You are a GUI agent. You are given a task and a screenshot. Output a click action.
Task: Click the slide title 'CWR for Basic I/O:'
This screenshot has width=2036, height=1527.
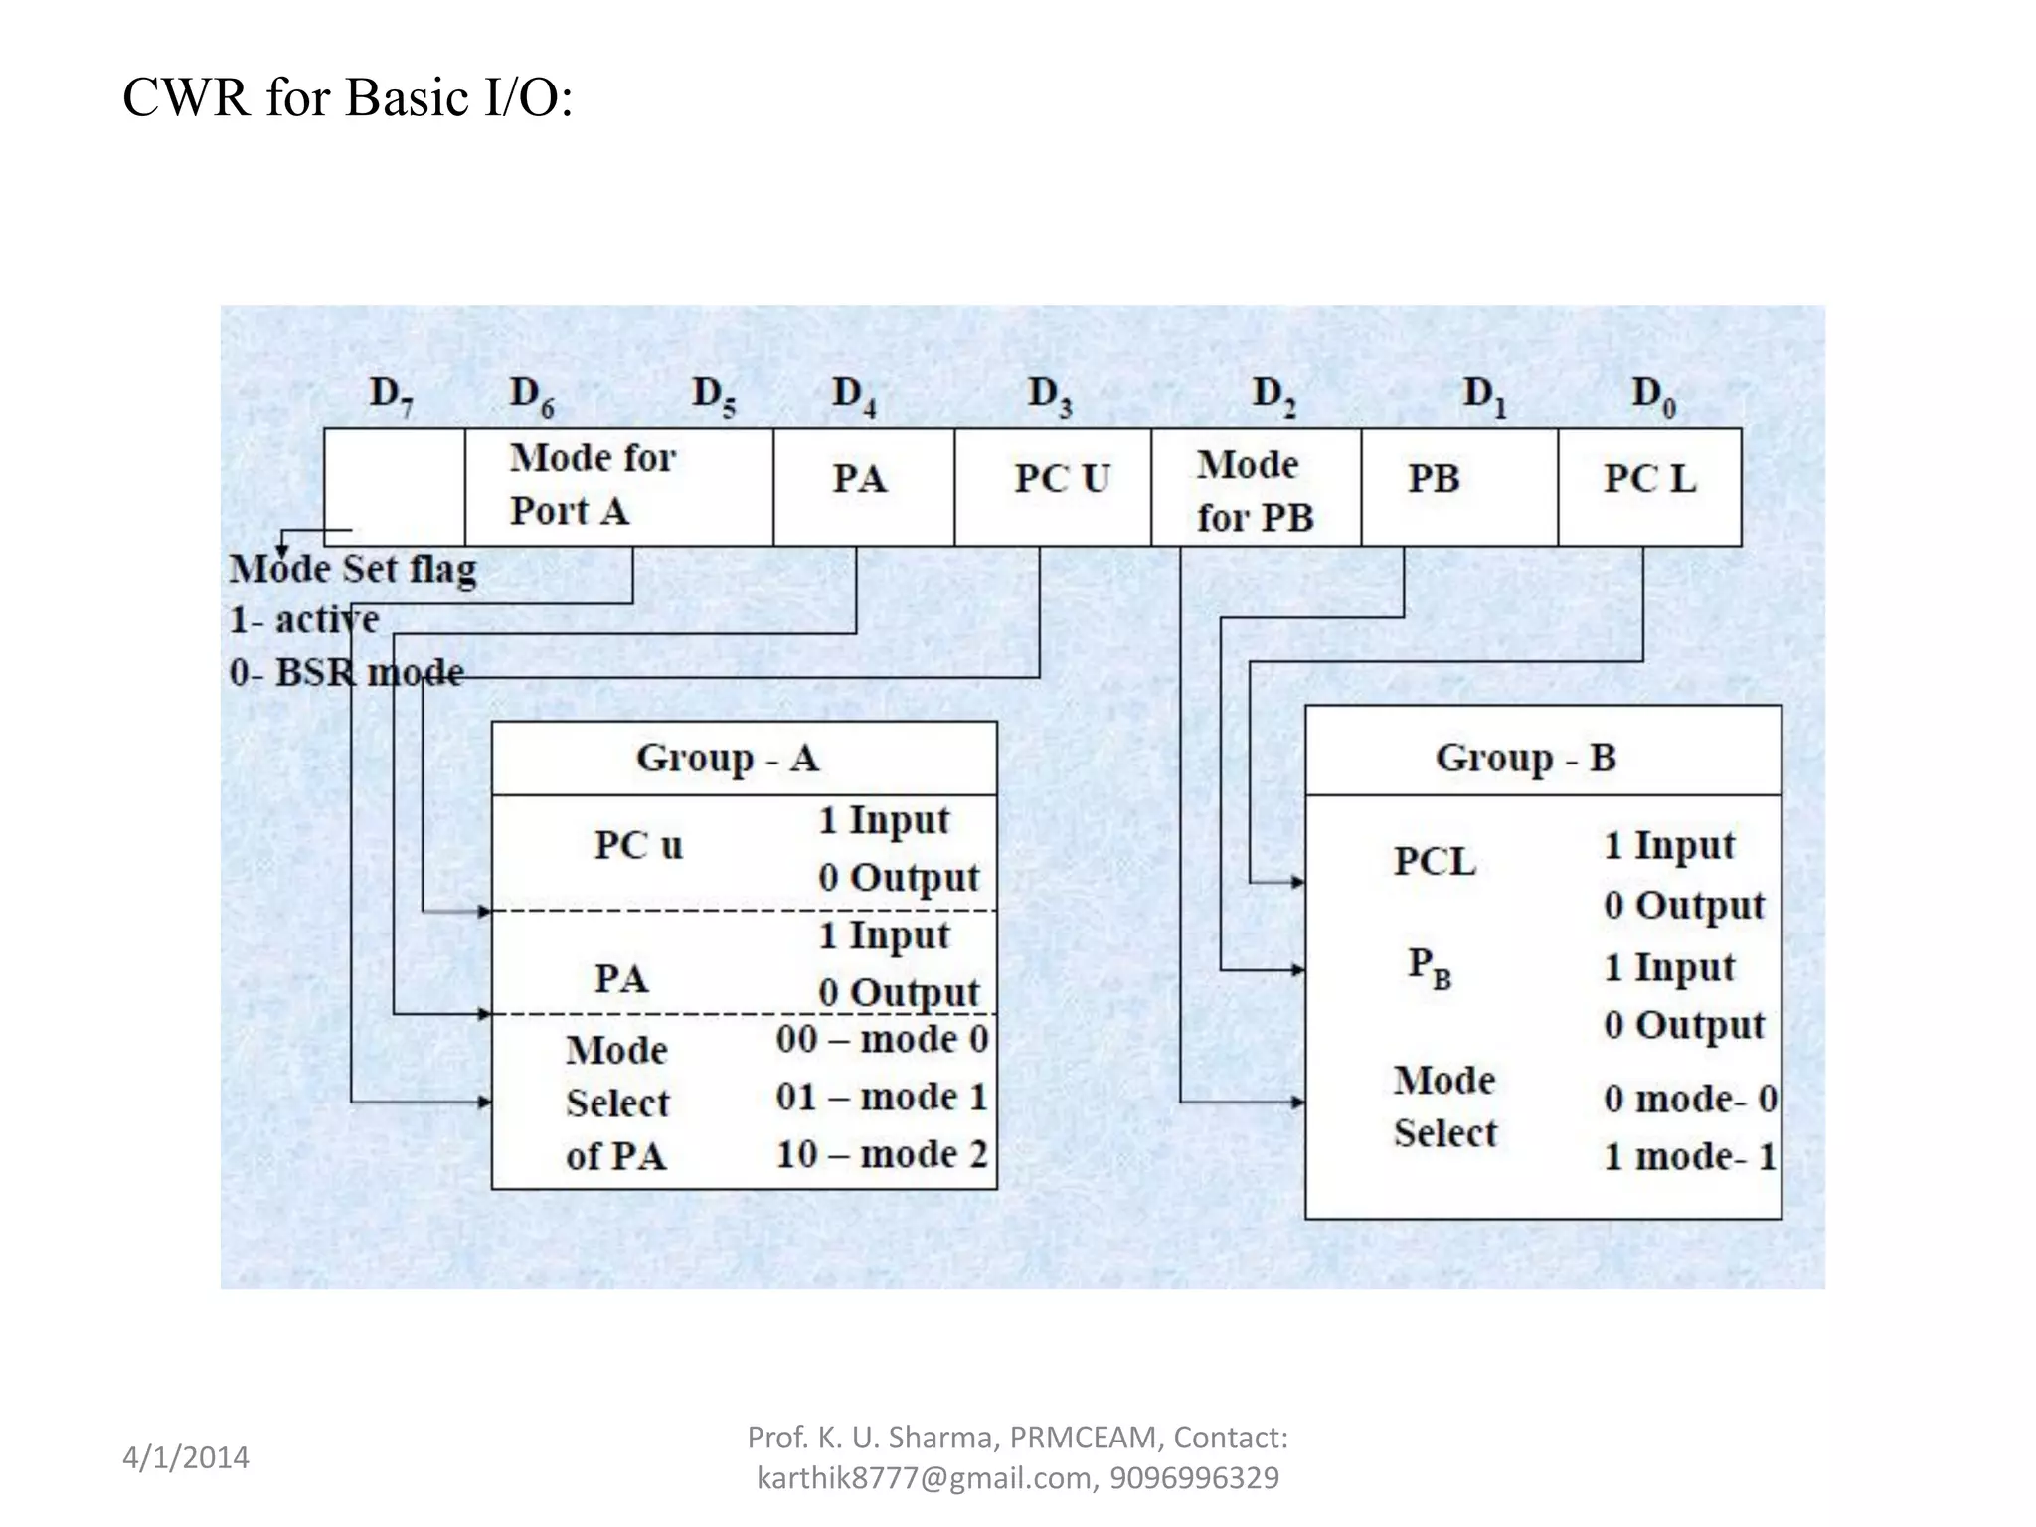click(x=347, y=98)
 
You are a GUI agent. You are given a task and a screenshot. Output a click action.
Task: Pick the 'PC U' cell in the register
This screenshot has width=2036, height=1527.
click(x=1061, y=479)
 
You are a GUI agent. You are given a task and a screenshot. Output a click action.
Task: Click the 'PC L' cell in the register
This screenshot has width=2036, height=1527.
click(x=1649, y=479)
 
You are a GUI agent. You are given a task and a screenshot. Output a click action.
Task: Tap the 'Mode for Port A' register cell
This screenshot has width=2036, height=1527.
click(x=593, y=484)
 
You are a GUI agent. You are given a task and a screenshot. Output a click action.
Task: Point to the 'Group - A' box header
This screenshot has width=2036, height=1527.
click(x=728, y=759)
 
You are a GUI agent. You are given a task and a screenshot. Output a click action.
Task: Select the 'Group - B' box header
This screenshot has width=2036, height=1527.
click(x=1525, y=759)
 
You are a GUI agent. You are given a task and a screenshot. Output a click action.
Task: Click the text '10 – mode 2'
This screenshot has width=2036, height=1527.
click(x=882, y=1155)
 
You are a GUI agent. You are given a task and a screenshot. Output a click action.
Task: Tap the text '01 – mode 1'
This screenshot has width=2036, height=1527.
click(x=882, y=1098)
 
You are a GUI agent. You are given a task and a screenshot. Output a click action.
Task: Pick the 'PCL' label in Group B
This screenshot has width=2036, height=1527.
click(x=1434, y=862)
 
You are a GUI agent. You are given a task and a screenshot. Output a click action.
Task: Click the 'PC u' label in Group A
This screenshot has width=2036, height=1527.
click(x=638, y=846)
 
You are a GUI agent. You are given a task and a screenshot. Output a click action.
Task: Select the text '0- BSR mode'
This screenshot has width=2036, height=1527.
click(x=346, y=673)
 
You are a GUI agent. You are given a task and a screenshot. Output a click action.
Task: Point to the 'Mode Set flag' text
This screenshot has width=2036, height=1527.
click(x=353, y=570)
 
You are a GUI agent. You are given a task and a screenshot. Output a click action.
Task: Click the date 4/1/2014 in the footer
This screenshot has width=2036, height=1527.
click(x=186, y=1458)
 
